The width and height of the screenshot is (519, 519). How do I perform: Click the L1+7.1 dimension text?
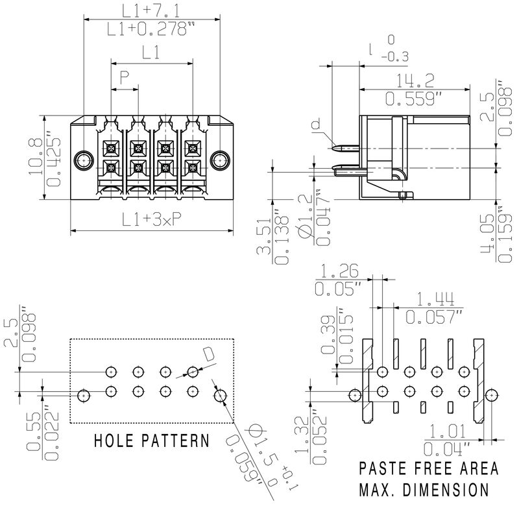(151, 10)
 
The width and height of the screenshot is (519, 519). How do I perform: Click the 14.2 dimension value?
(416, 80)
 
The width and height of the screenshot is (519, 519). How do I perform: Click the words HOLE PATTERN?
(152, 441)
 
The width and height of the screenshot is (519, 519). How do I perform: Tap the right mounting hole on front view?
(221, 159)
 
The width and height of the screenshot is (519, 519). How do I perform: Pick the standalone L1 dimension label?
(151, 54)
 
